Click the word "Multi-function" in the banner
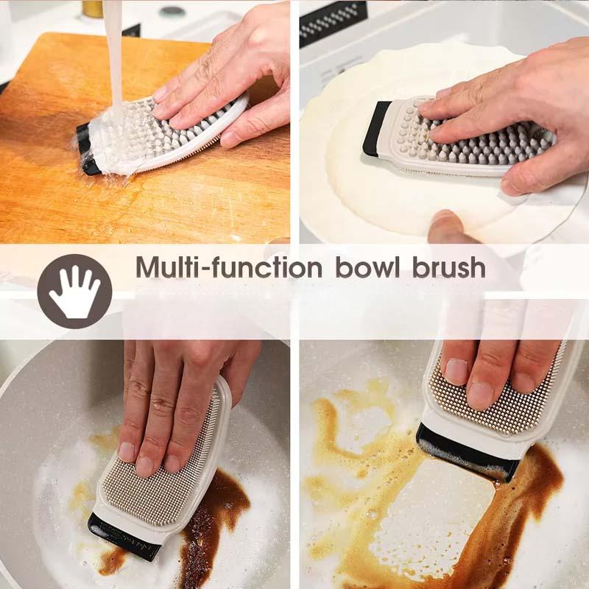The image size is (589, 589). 229,267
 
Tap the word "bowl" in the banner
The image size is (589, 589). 367,267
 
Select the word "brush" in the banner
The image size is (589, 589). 449,267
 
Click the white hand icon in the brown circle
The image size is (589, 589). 74,291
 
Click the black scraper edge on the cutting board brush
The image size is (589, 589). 88,149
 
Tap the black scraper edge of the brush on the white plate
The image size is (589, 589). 376,129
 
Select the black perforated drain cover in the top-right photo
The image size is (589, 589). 333,24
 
